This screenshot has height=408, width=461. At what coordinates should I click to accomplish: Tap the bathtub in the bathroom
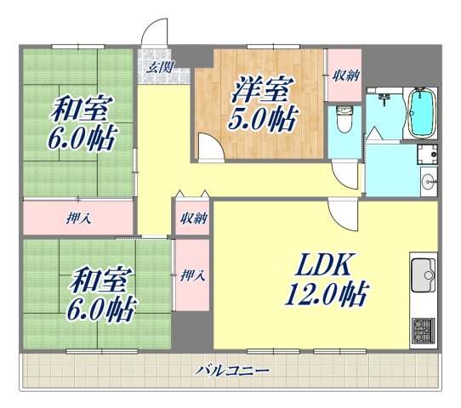(421, 113)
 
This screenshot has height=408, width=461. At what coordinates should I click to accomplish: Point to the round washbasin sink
(428, 180)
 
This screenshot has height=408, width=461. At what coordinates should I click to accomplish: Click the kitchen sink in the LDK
(423, 274)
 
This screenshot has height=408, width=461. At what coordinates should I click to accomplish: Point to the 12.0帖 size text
(327, 295)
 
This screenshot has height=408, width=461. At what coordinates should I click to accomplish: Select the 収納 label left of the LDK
(193, 218)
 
